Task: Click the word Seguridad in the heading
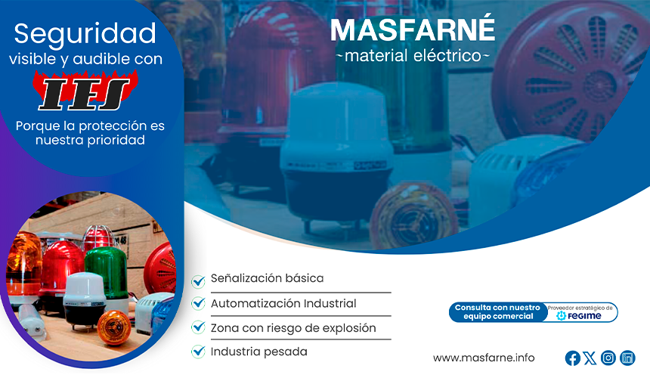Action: (85, 34)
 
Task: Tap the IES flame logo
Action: (85, 91)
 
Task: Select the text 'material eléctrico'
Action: (413, 55)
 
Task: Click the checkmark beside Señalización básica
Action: (198, 281)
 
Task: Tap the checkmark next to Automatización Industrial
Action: (198, 303)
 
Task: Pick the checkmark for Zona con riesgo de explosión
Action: (198, 327)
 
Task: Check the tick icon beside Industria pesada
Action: (198, 352)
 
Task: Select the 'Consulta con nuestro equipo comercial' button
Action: (497, 312)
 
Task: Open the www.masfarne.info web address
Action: (484, 358)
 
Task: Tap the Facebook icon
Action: (572, 358)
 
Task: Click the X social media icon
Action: (590, 358)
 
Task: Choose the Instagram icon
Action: (608, 358)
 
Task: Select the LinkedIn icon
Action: (627, 358)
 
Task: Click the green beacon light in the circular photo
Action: (107, 271)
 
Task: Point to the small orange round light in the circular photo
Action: (113, 327)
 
